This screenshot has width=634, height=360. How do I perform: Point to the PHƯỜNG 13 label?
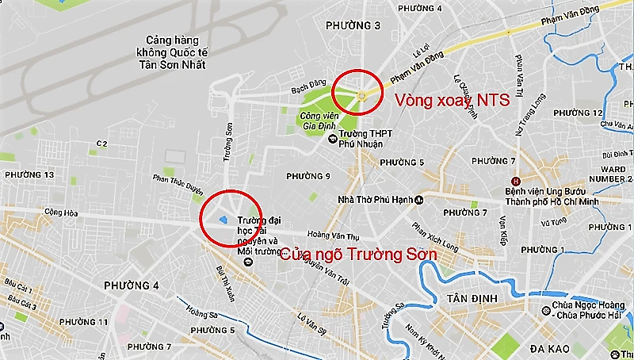pyautogui.click(x=29, y=174)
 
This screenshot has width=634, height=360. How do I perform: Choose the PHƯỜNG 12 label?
pyautogui.click(x=598, y=113)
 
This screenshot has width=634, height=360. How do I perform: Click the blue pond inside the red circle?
pyautogui.click(x=224, y=220)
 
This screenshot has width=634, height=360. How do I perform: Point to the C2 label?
pyautogui.click(x=101, y=144)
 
